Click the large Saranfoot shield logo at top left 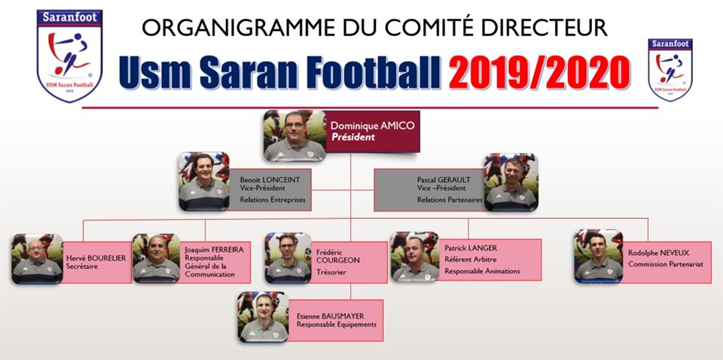click(x=69, y=55)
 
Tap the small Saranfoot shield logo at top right click(x=670, y=69)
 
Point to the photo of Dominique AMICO click(x=295, y=136)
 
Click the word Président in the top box click(x=352, y=137)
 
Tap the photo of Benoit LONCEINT click(x=204, y=182)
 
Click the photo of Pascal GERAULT click(x=511, y=182)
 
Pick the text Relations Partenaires click(x=450, y=200)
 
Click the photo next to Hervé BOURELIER click(x=38, y=258)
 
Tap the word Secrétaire click(x=82, y=267)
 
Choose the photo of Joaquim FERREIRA click(x=157, y=258)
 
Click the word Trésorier click(x=331, y=272)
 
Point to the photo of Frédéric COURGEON click(x=288, y=258)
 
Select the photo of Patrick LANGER click(x=415, y=256)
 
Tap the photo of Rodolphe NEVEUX click(x=599, y=256)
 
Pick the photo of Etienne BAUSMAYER click(x=264, y=317)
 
